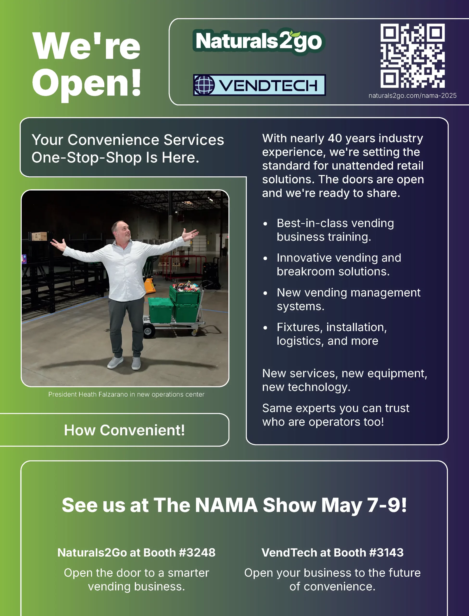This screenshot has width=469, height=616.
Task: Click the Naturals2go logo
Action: point(259,41)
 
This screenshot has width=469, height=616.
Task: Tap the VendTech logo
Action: point(259,85)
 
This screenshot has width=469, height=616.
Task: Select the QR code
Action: point(412,56)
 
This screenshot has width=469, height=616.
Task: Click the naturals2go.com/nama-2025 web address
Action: point(412,96)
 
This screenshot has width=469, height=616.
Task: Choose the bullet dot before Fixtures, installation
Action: point(265,327)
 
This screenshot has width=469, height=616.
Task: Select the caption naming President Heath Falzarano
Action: point(126,394)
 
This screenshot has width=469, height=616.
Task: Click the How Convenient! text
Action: point(124,430)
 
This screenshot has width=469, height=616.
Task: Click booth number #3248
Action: point(197,553)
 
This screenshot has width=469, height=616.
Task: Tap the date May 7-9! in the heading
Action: point(364,505)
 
